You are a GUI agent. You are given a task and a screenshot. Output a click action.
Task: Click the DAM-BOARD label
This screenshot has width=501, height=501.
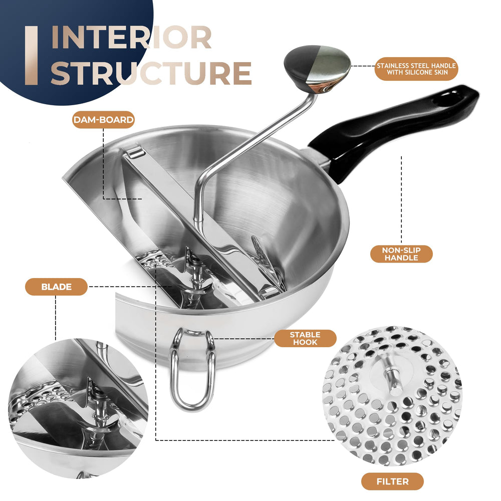[x=103, y=120]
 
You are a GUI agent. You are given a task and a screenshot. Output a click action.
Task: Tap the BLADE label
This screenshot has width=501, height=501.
[x=56, y=287]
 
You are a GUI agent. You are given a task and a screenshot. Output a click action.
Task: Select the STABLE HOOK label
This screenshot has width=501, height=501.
[x=305, y=338]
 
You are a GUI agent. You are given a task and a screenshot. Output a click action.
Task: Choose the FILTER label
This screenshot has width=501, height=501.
[x=392, y=481]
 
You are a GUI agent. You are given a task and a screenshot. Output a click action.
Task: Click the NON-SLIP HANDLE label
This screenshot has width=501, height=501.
[x=401, y=254]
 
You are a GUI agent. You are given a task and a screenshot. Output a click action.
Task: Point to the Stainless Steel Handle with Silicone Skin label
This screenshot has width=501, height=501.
[x=416, y=69]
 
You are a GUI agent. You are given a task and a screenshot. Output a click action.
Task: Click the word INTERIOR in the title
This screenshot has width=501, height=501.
[x=131, y=38]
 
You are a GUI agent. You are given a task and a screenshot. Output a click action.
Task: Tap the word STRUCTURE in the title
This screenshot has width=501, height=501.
[x=151, y=73]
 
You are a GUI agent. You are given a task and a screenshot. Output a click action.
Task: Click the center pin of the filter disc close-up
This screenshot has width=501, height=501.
[x=391, y=380]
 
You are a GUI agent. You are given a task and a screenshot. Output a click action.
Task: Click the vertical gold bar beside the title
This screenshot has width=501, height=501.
[x=31, y=56]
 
